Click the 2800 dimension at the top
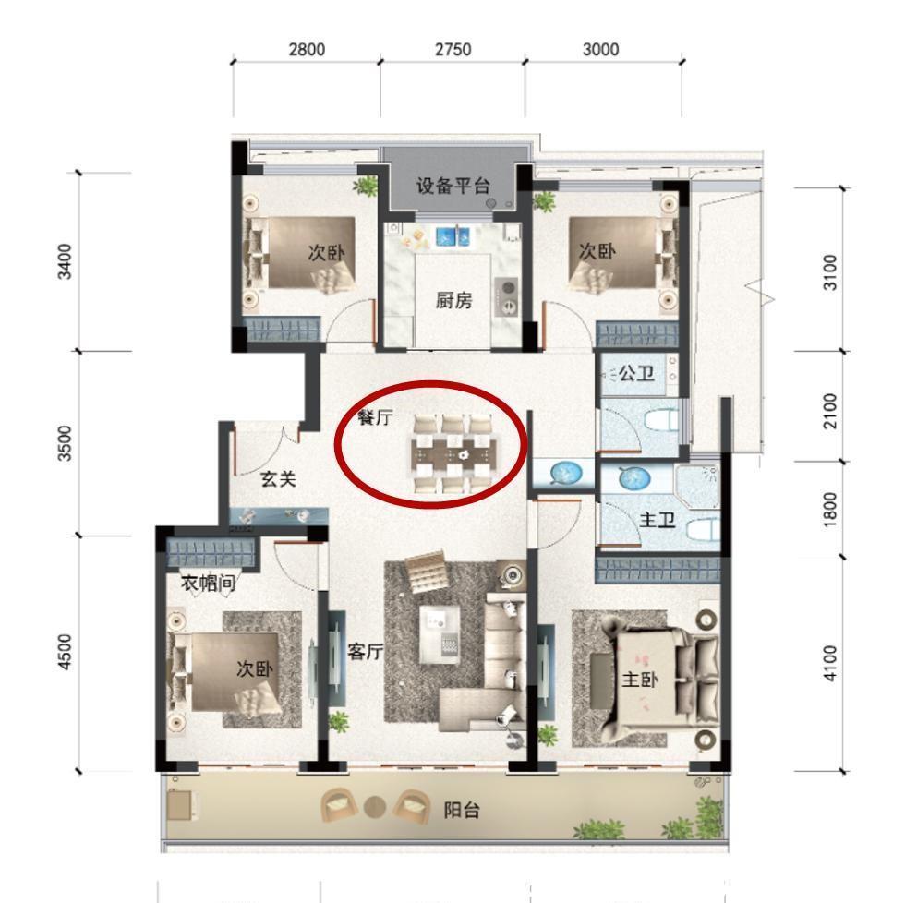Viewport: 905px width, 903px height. pyautogui.click(x=307, y=50)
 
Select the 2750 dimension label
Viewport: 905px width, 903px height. pyautogui.click(x=452, y=50)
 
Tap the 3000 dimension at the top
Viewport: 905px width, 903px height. pyautogui.click(x=601, y=50)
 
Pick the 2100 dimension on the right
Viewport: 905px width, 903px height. pyautogui.click(x=829, y=410)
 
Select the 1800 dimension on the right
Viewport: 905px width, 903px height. pyautogui.click(x=829, y=508)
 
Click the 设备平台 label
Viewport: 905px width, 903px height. pyautogui.click(x=452, y=186)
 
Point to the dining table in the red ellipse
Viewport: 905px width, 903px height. pyautogui.click(x=453, y=454)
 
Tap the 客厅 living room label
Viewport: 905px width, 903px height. pyautogui.click(x=365, y=651)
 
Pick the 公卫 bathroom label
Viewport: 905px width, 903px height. pyautogui.click(x=636, y=374)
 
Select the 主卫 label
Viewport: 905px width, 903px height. pyautogui.click(x=657, y=521)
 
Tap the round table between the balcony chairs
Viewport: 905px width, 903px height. pyautogui.click(x=374, y=806)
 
